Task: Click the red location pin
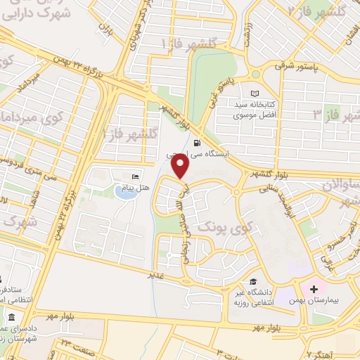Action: tap(181, 166)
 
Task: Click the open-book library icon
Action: tap(255, 94)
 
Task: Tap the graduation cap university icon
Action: tap(251, 283)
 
